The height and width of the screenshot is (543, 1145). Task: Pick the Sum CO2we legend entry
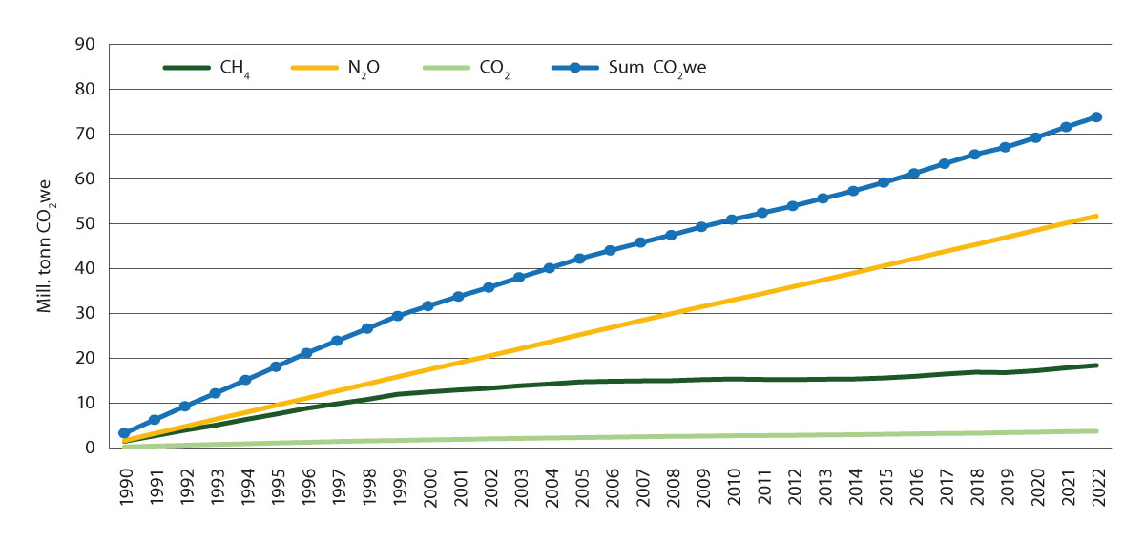[x=629, y=69]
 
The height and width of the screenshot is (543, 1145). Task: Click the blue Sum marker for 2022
[x=1096, y=117]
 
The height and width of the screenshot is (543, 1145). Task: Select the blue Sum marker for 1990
[x=124, y=433]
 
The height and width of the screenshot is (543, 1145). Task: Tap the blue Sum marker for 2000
[x=428, y=306]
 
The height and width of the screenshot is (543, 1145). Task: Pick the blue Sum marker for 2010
[x=732, y=219]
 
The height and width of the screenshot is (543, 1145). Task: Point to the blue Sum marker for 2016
[x=914, y=174]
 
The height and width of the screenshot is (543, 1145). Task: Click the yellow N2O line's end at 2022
[x=1096, y=217]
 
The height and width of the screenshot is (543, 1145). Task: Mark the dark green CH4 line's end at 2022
[x=1096, y=365]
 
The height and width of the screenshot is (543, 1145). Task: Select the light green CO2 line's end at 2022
[x=1096, y=431]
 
